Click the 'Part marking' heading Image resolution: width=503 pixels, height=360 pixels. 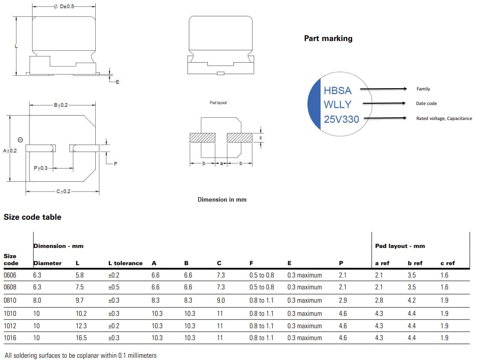[x=328, y=38]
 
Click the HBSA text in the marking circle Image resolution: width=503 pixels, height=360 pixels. [x=338, y=90]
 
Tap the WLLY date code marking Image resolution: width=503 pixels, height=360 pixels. [x=338, y=105]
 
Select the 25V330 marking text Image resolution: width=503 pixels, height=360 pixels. [x=341, y=119]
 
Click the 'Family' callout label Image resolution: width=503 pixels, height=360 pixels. [x=423, y=89]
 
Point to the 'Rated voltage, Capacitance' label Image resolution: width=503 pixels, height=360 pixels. [x=444, y=118]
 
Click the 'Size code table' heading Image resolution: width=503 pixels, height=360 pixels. [x=32, y=217]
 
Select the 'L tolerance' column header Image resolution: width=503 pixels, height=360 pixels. [x=125, y=263]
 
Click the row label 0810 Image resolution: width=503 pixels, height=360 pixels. [x=11, y=300]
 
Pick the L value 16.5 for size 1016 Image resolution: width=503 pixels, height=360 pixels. [x=81, y=338]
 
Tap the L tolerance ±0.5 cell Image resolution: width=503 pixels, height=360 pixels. [x=114, y=287]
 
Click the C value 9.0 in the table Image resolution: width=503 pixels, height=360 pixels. [x=221, y=300]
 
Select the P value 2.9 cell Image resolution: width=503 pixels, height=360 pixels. [x=342, y=300]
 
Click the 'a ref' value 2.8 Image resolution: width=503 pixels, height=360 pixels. [x=379, y=300]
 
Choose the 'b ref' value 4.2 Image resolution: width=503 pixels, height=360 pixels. [x=412, y=300]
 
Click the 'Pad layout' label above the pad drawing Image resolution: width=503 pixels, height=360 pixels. [x=218, y=103]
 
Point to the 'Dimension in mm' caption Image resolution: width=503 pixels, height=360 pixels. [x=222, y=199]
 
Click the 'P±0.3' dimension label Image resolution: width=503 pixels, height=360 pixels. [x=41, y=168]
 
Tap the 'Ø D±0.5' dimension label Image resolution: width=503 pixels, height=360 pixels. [x=64, y=7]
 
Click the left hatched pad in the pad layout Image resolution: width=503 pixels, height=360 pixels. [x=202, y=138]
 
